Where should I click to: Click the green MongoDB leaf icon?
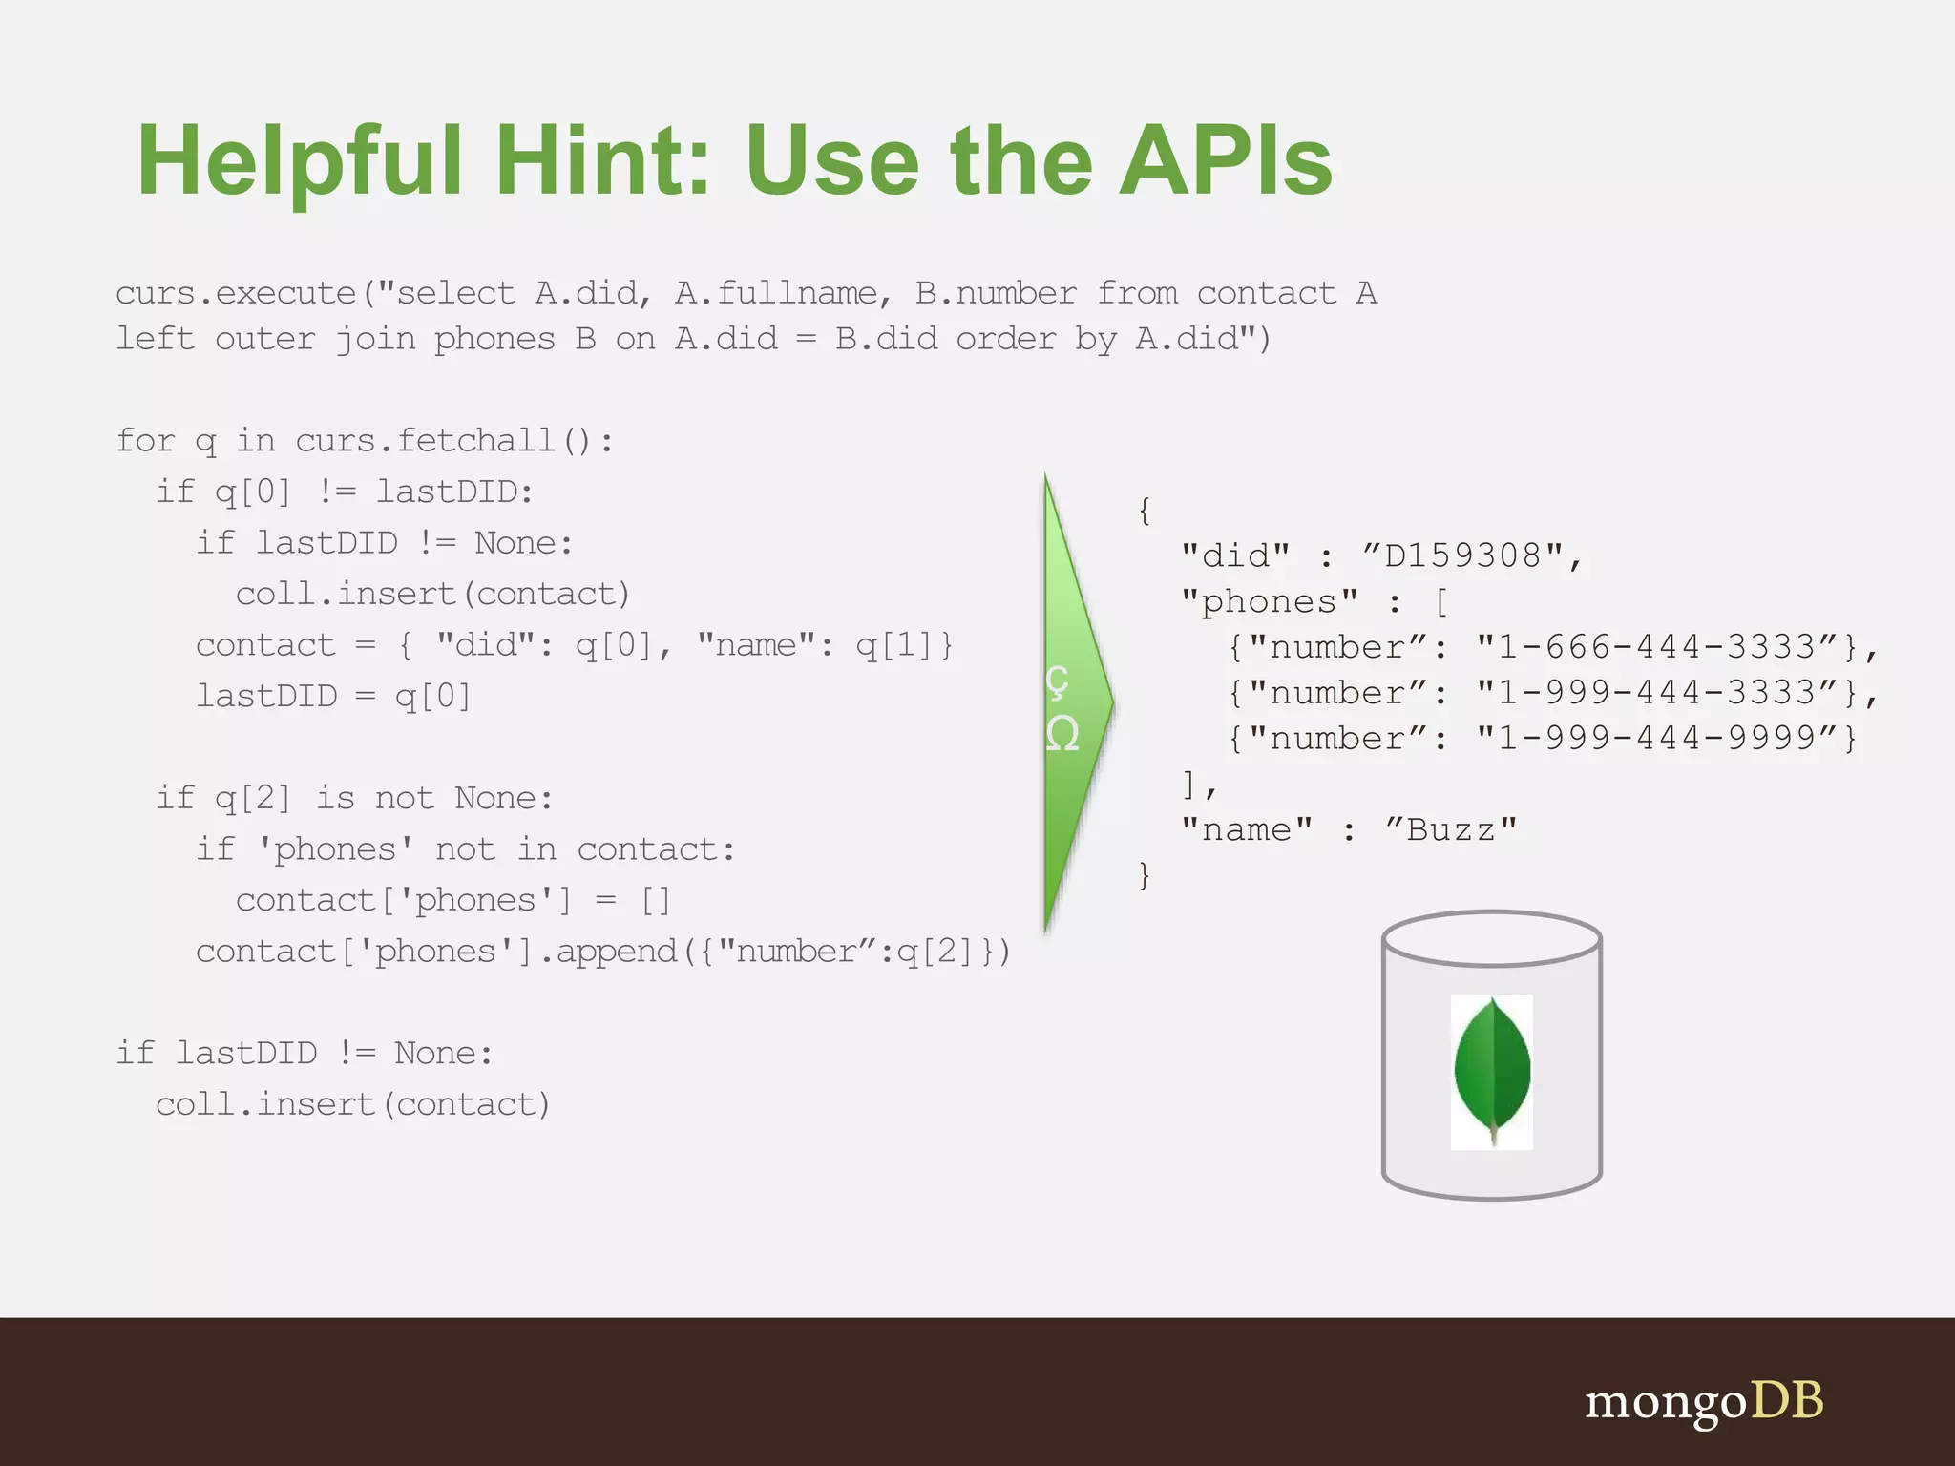(1491, 1071)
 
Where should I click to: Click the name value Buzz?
(1450, 829)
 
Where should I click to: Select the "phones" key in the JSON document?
(1269, 601)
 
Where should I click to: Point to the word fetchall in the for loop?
(475, 440)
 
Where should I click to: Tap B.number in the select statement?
(996, 293)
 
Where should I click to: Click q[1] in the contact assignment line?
(895, 645)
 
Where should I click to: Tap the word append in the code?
(616, 952)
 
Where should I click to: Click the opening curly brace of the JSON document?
(1144, 511)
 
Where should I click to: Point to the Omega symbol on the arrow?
(1062, 734)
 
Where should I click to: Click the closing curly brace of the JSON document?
(1144, 875)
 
